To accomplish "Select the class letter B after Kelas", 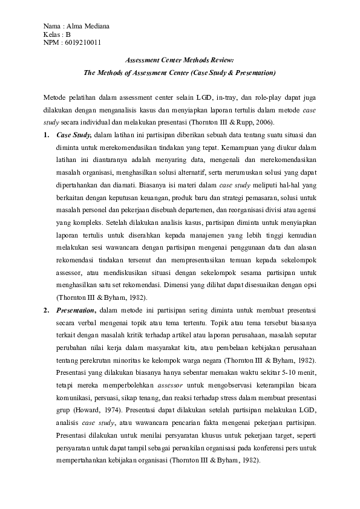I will [x=68, y=34].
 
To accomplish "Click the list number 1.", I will [x=47, y=134].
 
